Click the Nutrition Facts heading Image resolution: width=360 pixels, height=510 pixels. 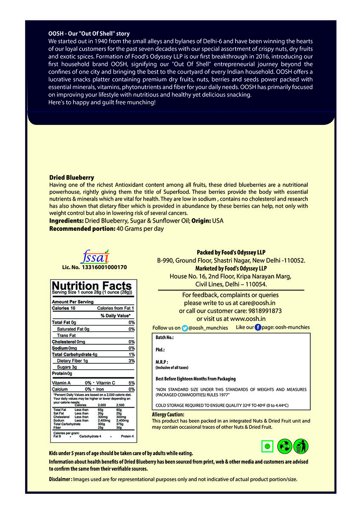(92, 286)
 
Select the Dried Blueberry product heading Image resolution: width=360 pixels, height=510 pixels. (72, 177)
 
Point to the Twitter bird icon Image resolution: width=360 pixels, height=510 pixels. (184, 328)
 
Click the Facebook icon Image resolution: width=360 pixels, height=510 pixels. (258, 328)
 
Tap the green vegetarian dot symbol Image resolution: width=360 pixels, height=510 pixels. (267, 447)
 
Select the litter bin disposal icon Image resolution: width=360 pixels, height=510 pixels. (301, 447)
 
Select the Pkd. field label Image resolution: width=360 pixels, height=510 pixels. (160, 350)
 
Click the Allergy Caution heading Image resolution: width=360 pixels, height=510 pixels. (168, 414)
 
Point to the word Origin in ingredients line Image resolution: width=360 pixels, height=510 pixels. (200, 221)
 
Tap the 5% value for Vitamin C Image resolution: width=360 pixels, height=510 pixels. (131, 383)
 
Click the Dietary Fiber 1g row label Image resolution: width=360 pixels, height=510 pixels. (72, 361)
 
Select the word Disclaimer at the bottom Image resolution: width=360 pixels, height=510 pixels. (60, 479)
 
